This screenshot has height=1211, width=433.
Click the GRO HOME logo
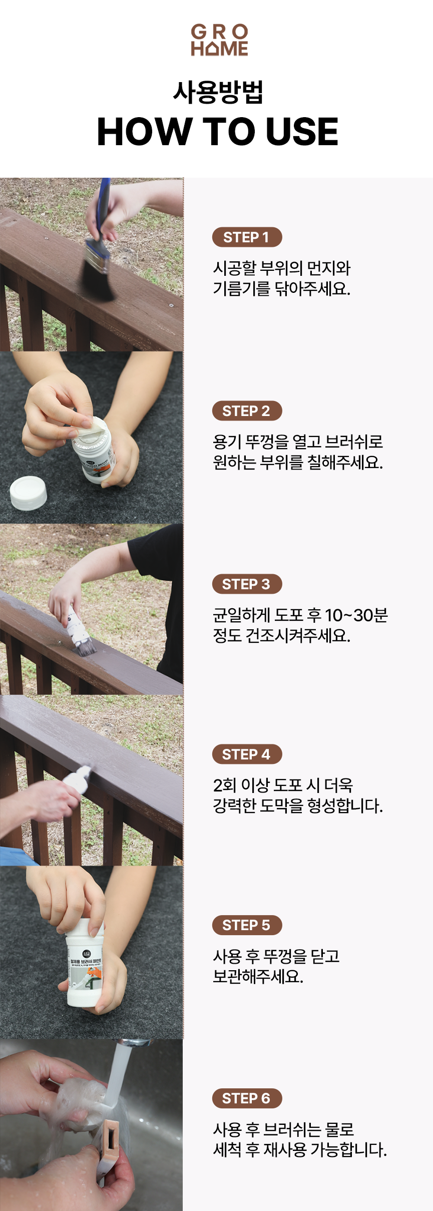[x=219, y=40]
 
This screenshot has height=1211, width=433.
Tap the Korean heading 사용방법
[x=218, y=92]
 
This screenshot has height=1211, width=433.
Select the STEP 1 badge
[x=247, y=237]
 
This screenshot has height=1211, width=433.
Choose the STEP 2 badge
[x=247, y=411]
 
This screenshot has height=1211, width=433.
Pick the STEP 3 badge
[x=247, y=584]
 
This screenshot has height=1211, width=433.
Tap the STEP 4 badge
[x=247, y=754]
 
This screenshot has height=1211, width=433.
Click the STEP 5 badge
[x=247, y=925]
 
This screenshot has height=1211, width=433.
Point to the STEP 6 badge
[x=247, y=1098]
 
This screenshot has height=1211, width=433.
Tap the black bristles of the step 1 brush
[x=98, y=280]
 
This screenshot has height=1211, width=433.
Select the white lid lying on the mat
[x=29, y=493]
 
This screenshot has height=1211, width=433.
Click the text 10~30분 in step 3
[x=356, y=615]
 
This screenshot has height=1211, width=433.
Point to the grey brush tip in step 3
[x=85, y=649]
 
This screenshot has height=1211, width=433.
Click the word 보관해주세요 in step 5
[x=258, y=976]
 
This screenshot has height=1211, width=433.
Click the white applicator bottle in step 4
[x=78, y=777]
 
